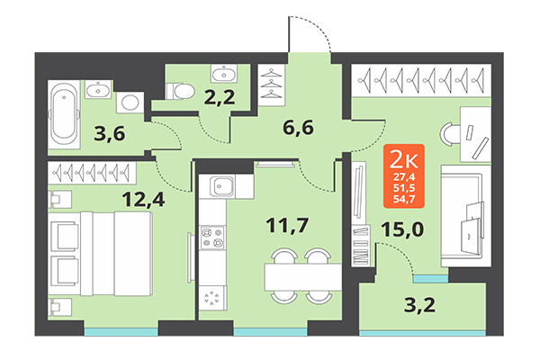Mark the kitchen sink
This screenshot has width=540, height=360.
[221, 187]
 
